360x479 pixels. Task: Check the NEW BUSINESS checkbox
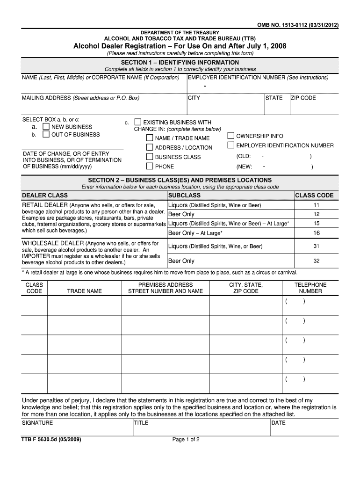[46, 127]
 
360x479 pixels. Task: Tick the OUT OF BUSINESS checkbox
[46, 135]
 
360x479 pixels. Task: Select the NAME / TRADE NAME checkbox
[149, 138]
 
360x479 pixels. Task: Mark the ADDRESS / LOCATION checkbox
[149, 147]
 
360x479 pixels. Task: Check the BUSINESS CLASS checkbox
[149, 157]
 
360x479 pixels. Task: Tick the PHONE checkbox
[149, 167]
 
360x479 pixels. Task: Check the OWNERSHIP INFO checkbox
[230, 136]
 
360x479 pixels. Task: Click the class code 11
[316, 205]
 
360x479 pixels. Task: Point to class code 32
[316, 261]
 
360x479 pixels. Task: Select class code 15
[316, 224]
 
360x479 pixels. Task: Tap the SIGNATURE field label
[37, 423]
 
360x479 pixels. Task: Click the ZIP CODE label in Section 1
[303, 98]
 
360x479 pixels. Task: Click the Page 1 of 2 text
[186, 440]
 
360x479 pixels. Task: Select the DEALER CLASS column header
[45, 196]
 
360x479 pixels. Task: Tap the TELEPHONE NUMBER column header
[310, 288]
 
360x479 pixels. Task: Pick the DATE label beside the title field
[278, 423]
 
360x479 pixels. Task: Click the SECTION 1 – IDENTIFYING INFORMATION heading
[180, 62]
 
